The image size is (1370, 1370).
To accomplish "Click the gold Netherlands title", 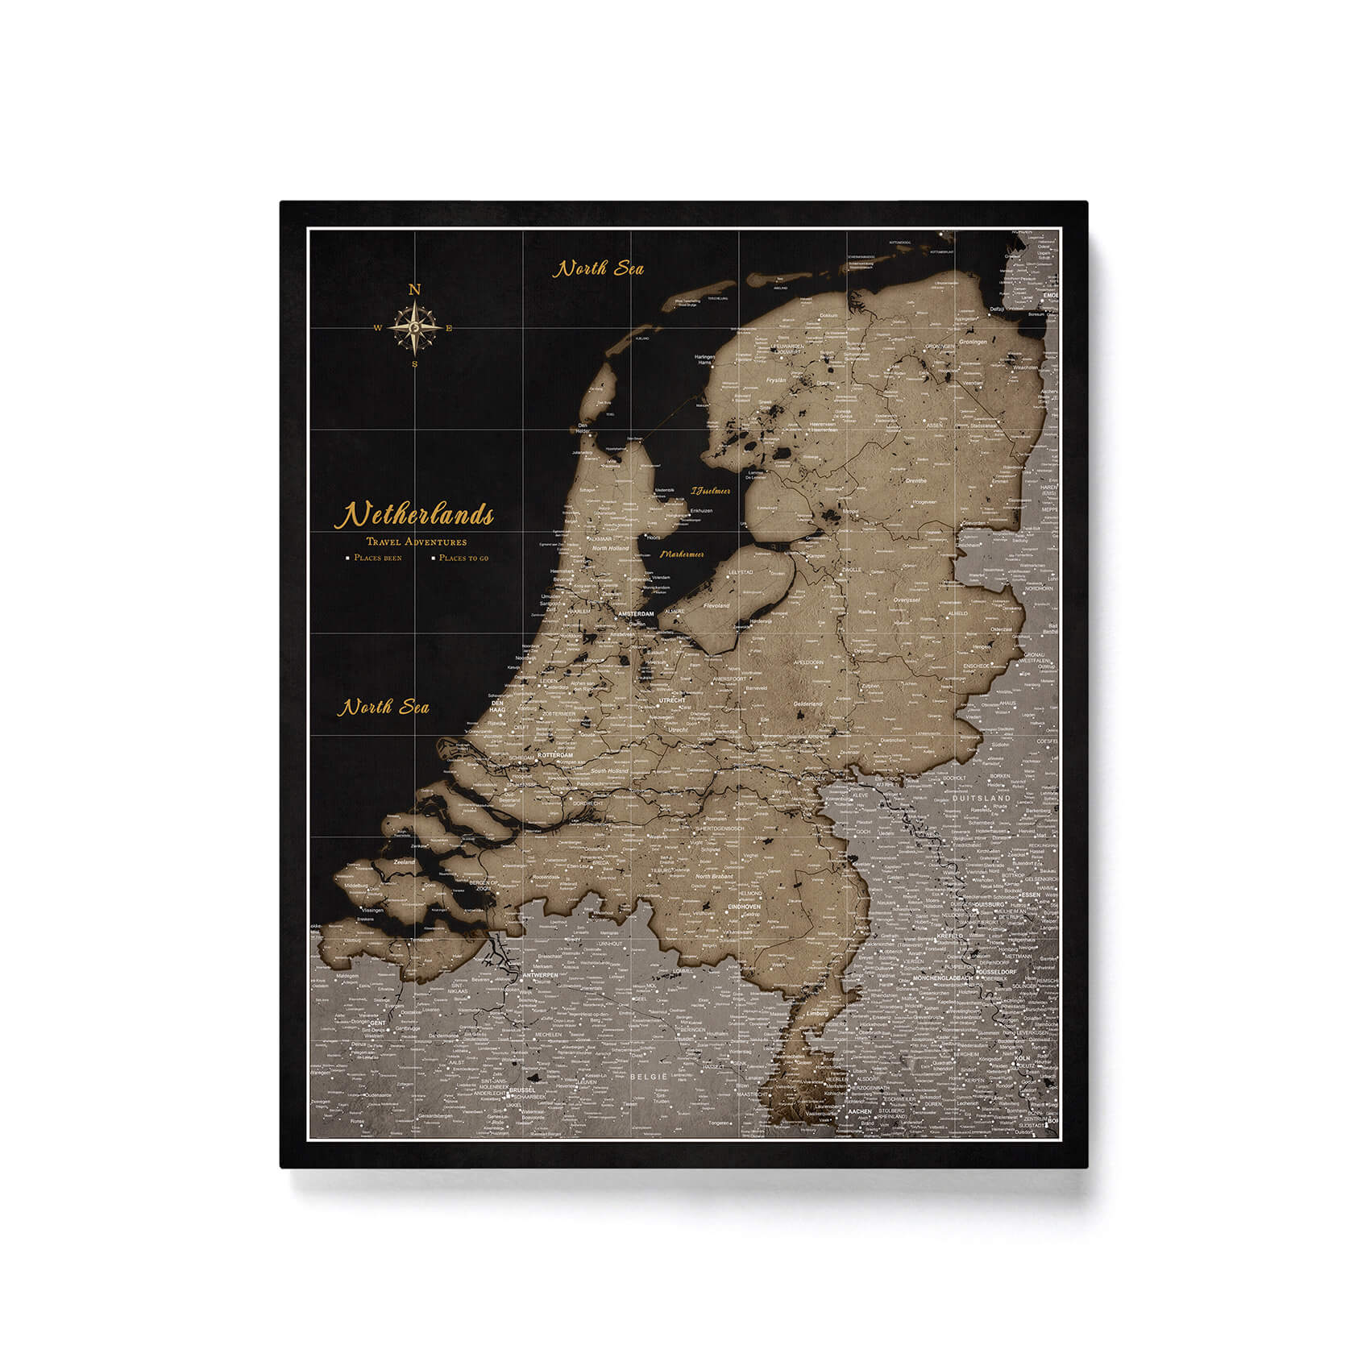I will click(414, 515).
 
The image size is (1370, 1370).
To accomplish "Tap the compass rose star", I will click(415, 328).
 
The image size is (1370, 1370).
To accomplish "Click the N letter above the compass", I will click(415, 290).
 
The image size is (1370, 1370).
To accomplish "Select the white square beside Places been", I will click(347, 558).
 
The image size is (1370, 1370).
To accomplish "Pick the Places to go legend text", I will click(463, 558).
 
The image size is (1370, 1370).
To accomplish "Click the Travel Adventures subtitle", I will click(416, 542).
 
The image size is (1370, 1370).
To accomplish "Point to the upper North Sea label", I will click(598, 268).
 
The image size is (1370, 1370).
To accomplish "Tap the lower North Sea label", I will click(383, 708).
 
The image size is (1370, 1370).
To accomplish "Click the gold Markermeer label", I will click(682, 554).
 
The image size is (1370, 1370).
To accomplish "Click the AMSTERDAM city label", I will click(636, 614).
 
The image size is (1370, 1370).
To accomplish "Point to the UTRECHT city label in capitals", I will click(671, 701).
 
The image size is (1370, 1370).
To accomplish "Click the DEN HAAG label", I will click(497, 706).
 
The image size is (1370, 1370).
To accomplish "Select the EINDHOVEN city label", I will click(744, 907).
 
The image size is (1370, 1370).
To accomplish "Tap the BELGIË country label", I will click(649, 1077).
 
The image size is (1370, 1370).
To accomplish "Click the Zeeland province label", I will click(404, 862).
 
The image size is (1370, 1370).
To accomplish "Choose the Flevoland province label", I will click(716, 604).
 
